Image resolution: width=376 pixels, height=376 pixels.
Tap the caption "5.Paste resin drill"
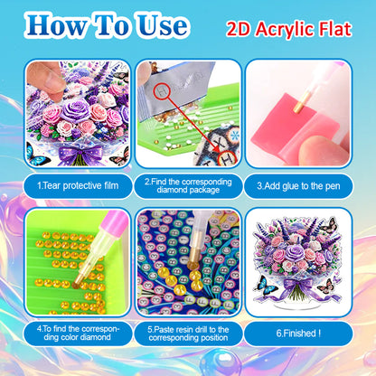coord(188,336)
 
